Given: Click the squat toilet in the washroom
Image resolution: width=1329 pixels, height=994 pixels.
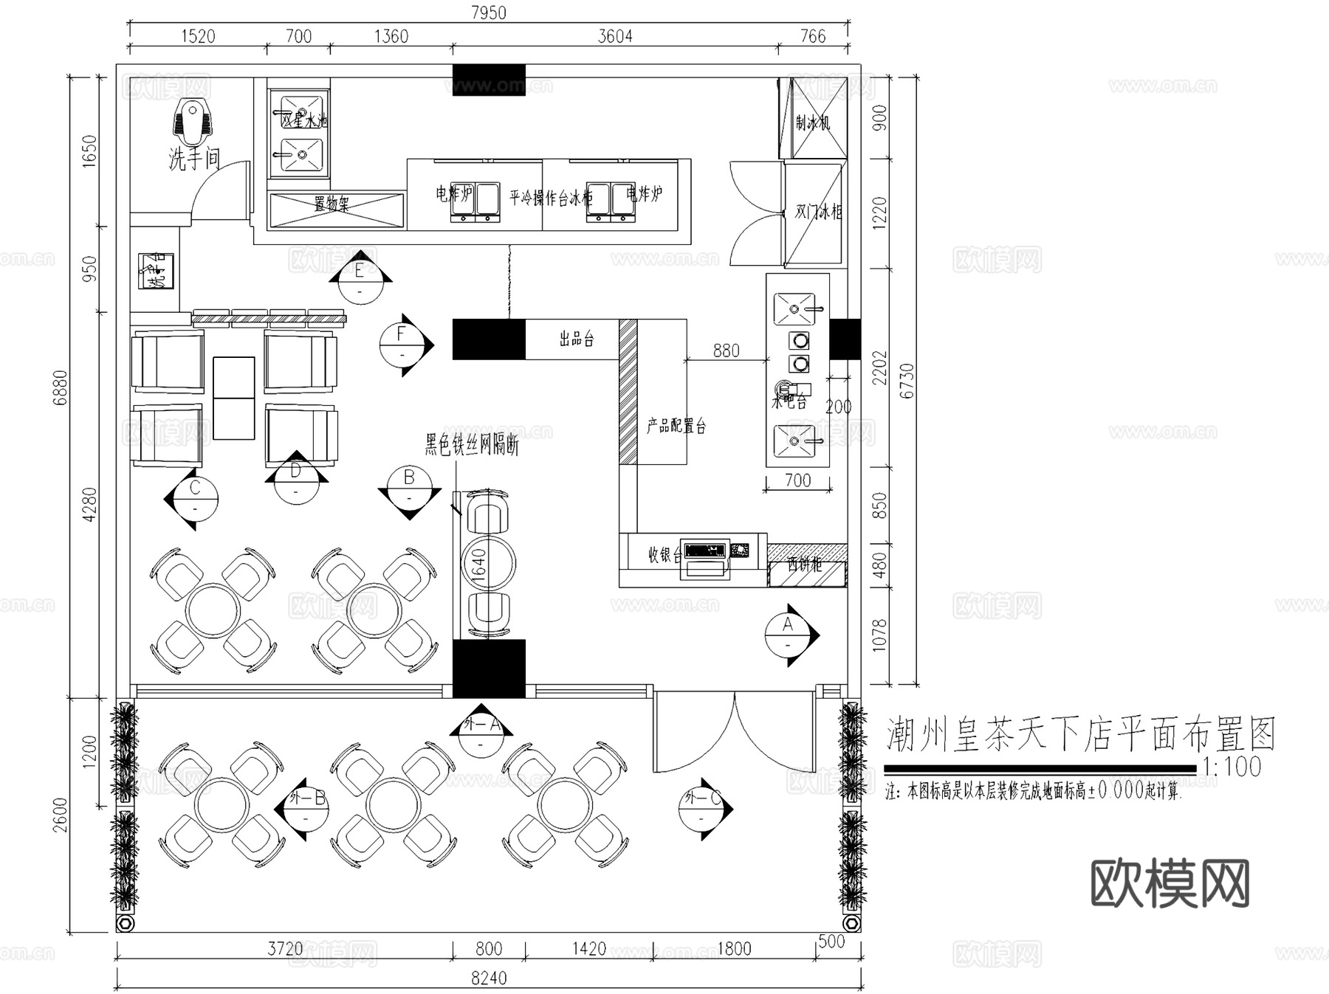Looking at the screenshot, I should (190, 124).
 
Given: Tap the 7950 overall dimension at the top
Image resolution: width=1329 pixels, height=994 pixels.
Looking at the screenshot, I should (488, 13).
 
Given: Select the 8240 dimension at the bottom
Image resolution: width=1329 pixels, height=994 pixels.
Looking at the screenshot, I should (488, 978).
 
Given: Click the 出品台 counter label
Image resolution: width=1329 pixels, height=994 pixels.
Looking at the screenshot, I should (577, 339).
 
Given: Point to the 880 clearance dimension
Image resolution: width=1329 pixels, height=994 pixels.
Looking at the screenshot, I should (726, 351).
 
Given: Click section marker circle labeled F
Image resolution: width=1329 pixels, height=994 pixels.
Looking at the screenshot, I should (402, 345).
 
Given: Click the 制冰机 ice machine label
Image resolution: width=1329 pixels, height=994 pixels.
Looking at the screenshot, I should (813, 122).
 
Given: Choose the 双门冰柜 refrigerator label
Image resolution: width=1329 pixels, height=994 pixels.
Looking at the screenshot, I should (817, 212).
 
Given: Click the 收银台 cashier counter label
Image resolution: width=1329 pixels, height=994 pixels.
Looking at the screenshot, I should (664, 555).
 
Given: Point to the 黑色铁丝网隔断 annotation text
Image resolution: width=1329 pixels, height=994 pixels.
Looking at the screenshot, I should (471, 445).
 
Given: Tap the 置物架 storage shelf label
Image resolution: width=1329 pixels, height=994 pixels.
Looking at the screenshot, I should (332, 204).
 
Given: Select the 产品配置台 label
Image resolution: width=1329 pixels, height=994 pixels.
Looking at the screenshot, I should (676, 426).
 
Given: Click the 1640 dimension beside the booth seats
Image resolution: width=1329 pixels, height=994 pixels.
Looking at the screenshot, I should (478, 565).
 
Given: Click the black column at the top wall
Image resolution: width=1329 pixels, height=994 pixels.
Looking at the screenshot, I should (488, 79).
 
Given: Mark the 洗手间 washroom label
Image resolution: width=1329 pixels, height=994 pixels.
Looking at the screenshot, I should (194, 158).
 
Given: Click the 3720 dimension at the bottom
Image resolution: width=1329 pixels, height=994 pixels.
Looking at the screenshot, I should (284, 948).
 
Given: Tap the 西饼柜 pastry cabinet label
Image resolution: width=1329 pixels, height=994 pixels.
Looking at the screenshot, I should (804, 565).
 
